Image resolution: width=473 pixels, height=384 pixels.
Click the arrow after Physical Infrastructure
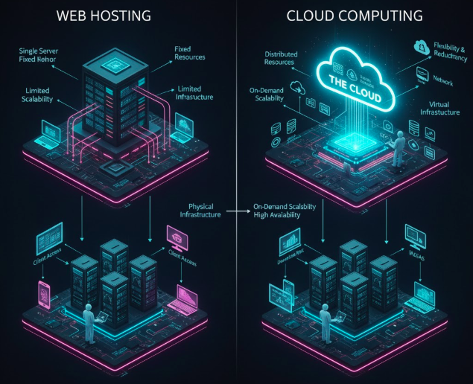click(236, 211)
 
